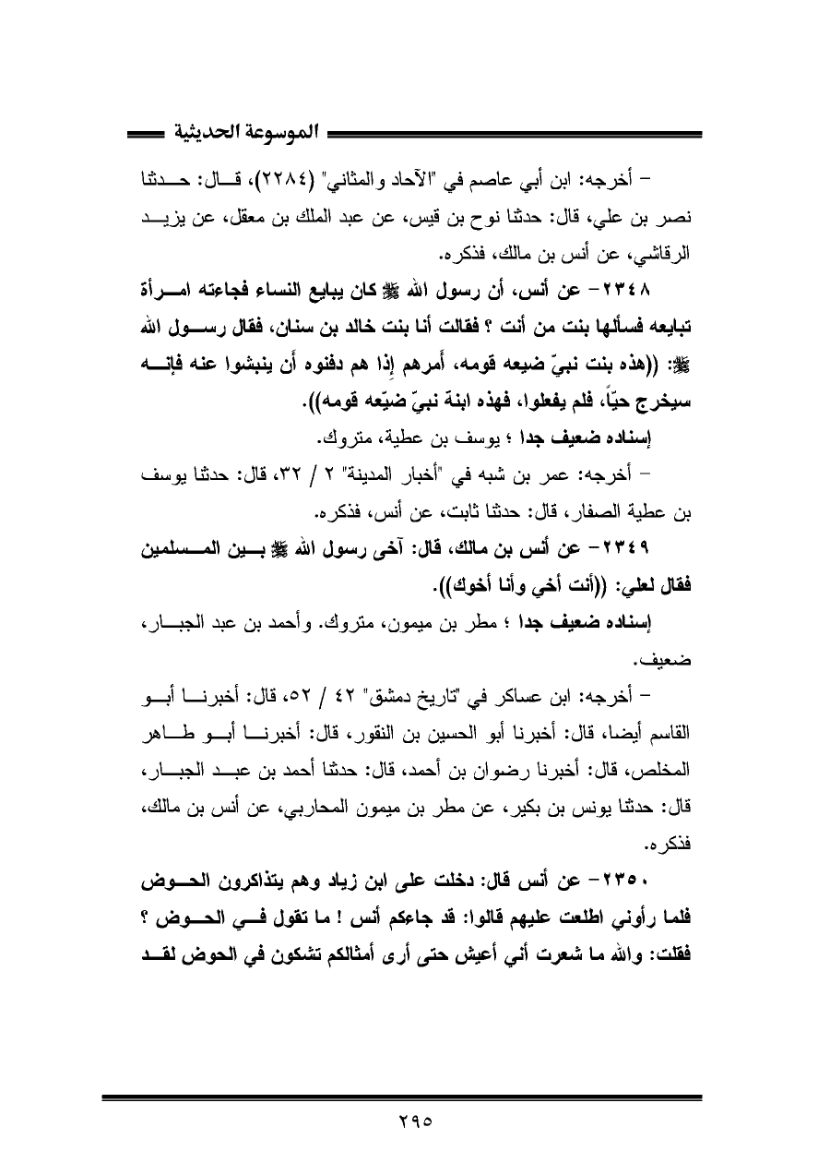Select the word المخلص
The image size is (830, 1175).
671,754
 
